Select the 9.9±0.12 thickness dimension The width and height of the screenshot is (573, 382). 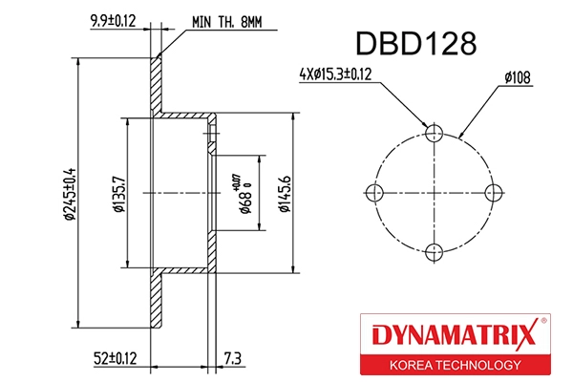pyautogui.click(x=112, y=19)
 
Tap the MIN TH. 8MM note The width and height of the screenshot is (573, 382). pyautogui.click(x=226, y=19)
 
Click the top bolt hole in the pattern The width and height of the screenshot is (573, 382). pyautogui.click(x=435, y=133)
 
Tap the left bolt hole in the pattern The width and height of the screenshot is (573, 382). pyautogui.click(x=375, y=192)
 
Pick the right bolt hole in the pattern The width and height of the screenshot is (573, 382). pyautogui.click(x=494, y=192)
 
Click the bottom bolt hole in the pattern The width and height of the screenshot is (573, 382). pyautogui.click(x=435, y=252)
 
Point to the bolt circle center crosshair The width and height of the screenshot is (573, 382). pyautogui.click(x=435, y=192)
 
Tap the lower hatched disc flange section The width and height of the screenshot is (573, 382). pyautogui.click(x=158, y=301)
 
